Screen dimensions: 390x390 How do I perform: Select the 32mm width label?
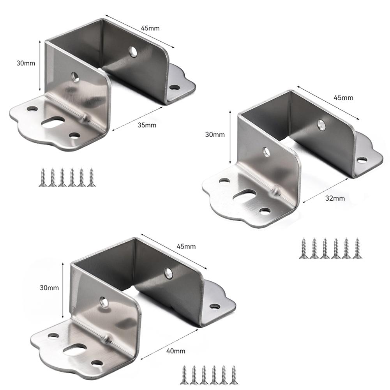click(x=335, y=198)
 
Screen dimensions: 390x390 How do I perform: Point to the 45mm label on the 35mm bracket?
click(x=150, y=28)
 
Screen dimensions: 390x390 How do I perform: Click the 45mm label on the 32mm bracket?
click(x=344, y=97)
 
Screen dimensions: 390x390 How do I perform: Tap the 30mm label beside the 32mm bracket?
click(x=215, y=135)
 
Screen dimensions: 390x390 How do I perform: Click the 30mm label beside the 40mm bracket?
click(x=49, y=288)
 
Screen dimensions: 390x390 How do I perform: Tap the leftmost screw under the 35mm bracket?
click(x=42, y=178)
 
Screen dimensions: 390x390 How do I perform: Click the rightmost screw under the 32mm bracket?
click(x=356, y=248)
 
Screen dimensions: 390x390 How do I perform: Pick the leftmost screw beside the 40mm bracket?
click(x=184, y=375)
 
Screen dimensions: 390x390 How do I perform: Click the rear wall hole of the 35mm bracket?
click(x=134, y=51)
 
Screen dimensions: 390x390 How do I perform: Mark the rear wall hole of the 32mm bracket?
click(x=321, y=125)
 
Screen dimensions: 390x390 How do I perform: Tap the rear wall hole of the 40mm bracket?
click(x=169, y=273)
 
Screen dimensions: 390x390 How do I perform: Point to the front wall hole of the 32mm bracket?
click(x=266, y=152)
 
